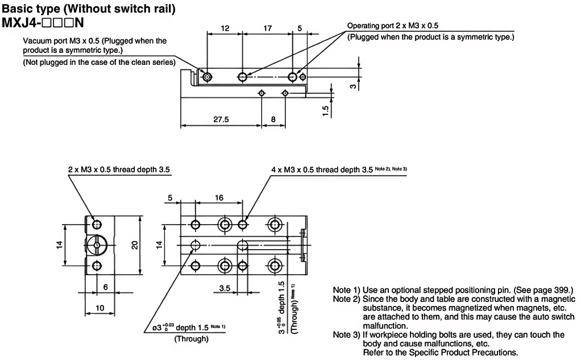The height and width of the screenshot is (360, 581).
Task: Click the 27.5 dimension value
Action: coord(221,119)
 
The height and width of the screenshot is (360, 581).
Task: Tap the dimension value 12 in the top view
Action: coord(225,27)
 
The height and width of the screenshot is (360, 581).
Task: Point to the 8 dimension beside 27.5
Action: coord(273,119)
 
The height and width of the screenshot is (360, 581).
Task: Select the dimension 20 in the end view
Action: coord(134,245)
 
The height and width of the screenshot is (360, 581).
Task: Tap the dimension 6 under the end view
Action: coord(106,287)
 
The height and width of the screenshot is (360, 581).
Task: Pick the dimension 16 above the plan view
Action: coord(219,198)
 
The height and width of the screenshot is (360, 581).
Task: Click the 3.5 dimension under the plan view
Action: coord(225,288)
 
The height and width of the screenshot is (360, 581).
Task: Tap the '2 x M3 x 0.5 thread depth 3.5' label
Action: coord(119,169)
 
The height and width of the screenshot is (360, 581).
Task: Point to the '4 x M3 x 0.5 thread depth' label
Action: coord(321,169)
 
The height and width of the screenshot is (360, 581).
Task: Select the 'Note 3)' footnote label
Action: coord(346,335)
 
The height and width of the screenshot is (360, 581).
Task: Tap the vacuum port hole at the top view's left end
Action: coord(207,77)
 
